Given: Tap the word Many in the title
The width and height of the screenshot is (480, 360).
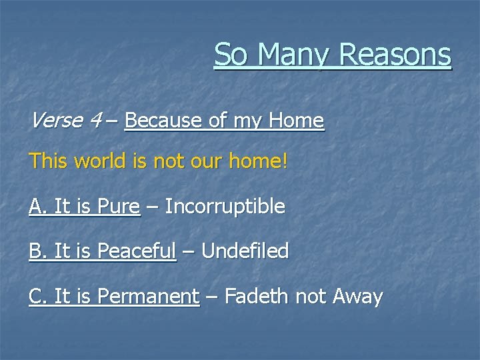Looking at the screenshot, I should tap(291, 55).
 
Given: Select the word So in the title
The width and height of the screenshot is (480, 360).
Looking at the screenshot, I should tap(230, 55).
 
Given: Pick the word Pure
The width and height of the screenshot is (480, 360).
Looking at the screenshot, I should tap(119, 207).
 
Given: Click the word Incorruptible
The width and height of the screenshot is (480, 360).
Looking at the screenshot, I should tap(225, 207).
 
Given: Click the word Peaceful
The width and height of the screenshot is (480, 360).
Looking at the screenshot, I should tap(137, 251).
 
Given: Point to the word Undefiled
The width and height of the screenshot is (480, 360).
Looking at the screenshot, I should tap(245, 251).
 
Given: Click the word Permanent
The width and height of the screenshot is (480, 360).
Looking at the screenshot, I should tap(148, 295).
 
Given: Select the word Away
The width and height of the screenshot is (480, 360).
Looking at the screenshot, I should tap(359, 295).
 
